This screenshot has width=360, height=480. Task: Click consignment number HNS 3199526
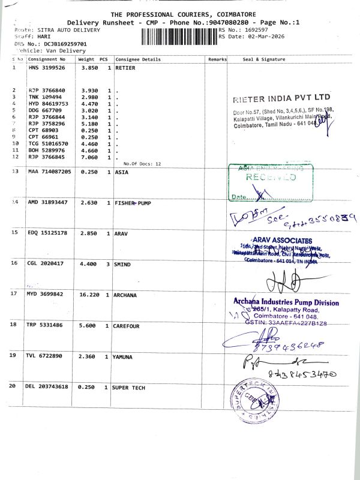pos(49,68)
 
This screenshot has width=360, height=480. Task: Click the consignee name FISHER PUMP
pos(132,203)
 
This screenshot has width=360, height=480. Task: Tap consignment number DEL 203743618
pos(48,387)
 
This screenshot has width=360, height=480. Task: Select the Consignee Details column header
pos(138,60)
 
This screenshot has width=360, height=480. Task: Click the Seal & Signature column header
pos(264,60)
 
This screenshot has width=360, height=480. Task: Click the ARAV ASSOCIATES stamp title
pos(278,241)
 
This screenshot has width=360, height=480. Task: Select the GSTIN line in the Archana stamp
pos(281,323)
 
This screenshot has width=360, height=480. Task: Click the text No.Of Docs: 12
pos(142,164)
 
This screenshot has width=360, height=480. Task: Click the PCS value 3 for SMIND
pos(109,263)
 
